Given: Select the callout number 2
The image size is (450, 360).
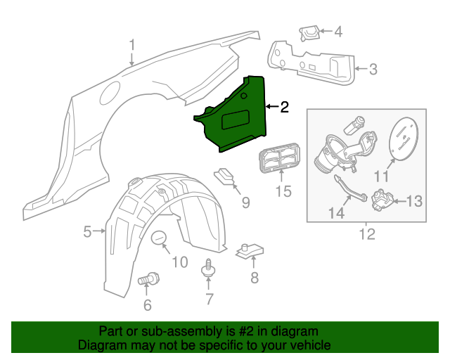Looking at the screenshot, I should (x=284, y=107).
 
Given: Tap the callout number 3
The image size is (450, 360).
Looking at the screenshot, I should (x=373, y=69).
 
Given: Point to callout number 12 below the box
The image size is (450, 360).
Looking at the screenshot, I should (x=367, y=233).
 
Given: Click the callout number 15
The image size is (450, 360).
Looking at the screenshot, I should (x=283, y=191).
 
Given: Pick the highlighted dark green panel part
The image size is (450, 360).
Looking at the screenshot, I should (x=239, y=116).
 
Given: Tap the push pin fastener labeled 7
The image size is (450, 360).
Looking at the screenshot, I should (x=208, y=268).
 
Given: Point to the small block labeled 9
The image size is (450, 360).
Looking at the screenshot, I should (x=225, y=174).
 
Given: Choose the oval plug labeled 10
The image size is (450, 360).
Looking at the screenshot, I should (x=159, y=239).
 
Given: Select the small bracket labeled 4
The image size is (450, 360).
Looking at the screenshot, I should (x=309, y=32).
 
